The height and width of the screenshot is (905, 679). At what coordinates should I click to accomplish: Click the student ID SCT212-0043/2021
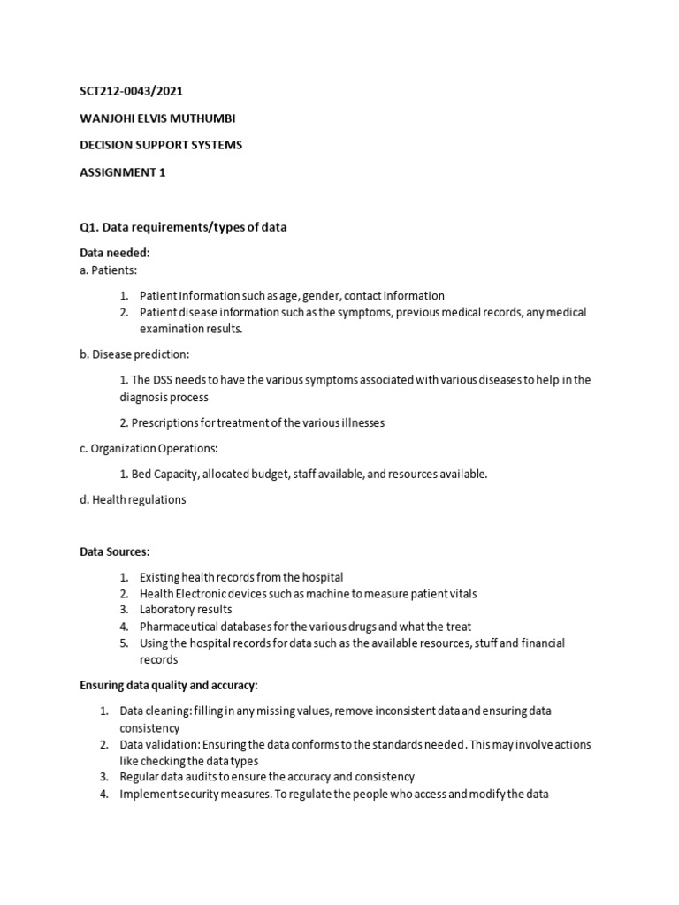pos(132,90)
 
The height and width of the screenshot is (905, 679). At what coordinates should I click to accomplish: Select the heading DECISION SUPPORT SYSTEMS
pos(160,145)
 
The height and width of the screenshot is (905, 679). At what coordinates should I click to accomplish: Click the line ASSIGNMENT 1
pos(123,172)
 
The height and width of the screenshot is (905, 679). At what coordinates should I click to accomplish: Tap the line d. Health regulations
pos(134,499)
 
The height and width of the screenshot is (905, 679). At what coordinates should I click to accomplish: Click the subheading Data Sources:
pos(115,551)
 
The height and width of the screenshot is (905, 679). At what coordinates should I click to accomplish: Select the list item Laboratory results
pos(186,610)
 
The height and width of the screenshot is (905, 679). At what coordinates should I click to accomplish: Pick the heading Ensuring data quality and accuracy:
pos(168,685)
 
